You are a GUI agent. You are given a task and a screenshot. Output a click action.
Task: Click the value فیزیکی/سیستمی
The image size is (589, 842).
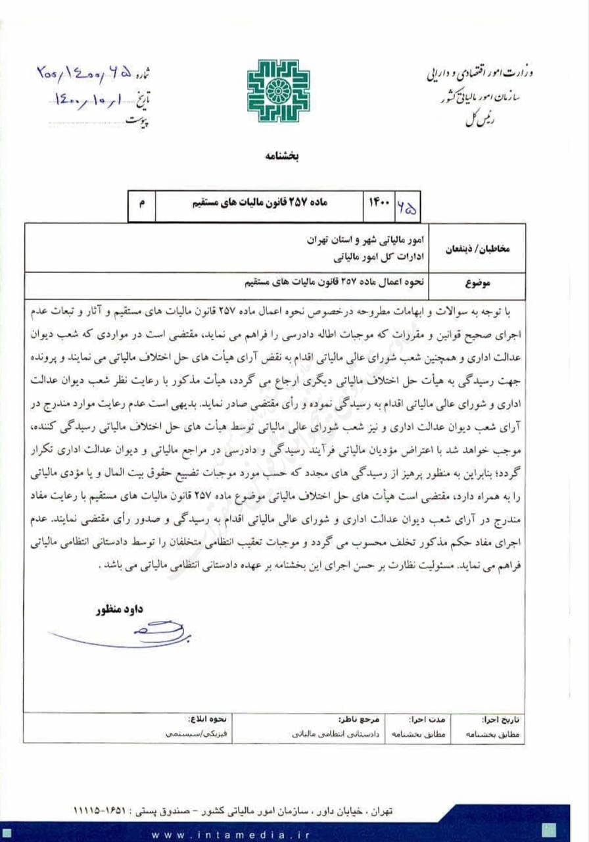point(190,733)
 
